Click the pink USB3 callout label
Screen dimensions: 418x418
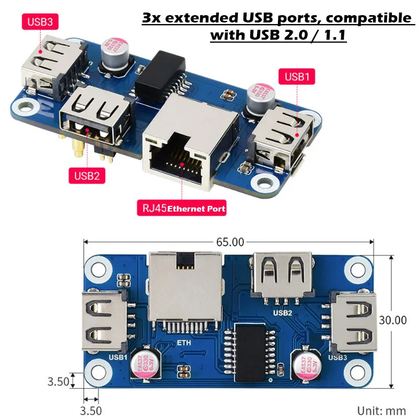[40, 21]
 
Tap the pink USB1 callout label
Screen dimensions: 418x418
[297, 77]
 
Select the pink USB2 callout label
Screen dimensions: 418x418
[87, 176]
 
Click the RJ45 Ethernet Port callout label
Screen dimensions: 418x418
[182, 208]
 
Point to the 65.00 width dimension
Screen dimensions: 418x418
[230, 242]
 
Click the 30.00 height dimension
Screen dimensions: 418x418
[393, 320]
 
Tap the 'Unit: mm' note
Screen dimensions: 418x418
[381, 411]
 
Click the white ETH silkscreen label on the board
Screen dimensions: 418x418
[184, 343]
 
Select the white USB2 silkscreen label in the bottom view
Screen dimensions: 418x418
[283, 312]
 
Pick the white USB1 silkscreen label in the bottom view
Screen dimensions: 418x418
[118, 357]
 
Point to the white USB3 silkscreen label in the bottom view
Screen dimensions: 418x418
[338, 357]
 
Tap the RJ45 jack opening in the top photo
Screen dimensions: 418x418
[177, 160]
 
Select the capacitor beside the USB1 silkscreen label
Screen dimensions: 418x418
[146, 364]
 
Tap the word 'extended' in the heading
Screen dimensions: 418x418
[202, 18]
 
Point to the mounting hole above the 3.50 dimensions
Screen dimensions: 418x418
[98, 372]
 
